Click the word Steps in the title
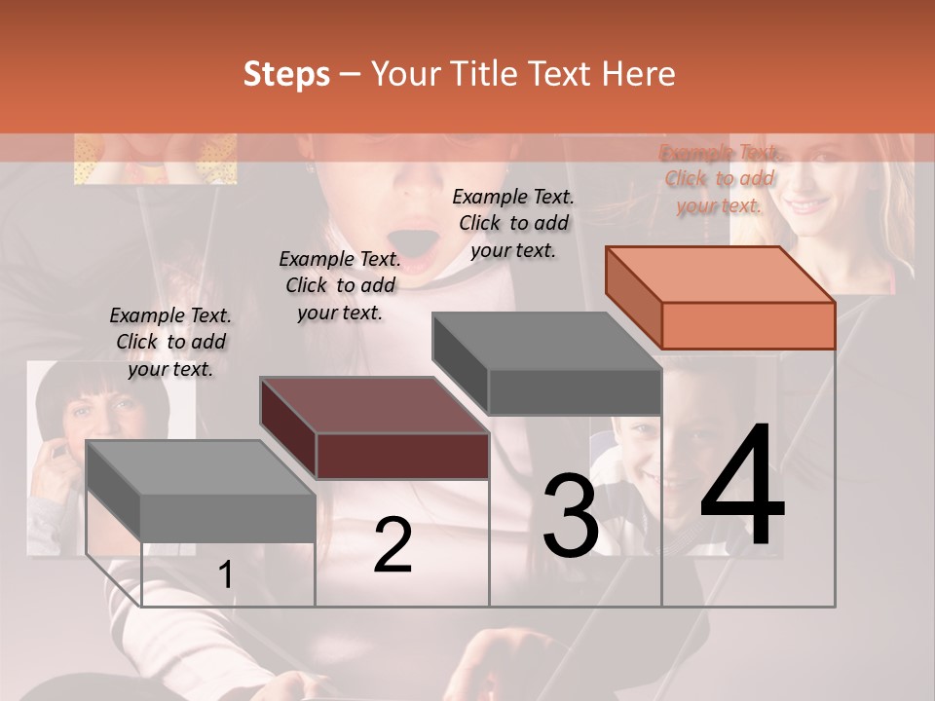coord(286,74)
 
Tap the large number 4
coord(742,487)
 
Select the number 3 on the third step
coord(571,516)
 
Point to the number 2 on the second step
coord(393,545)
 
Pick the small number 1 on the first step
coord(225,575)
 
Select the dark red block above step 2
coord(374,428)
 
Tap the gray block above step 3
coord(546,364)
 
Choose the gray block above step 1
coord(200,491)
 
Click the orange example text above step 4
coord(720,178)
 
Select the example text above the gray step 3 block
coord(513,223)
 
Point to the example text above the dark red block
coord(340,285)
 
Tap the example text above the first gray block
coord(170,342)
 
